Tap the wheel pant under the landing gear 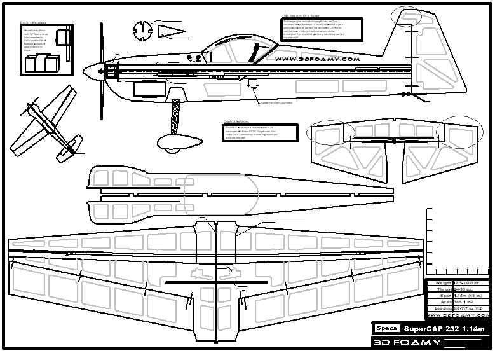(171, 144)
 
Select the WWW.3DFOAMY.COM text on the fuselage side (318, 59)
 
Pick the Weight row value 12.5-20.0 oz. (470, 283)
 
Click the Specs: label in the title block (387, 329)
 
